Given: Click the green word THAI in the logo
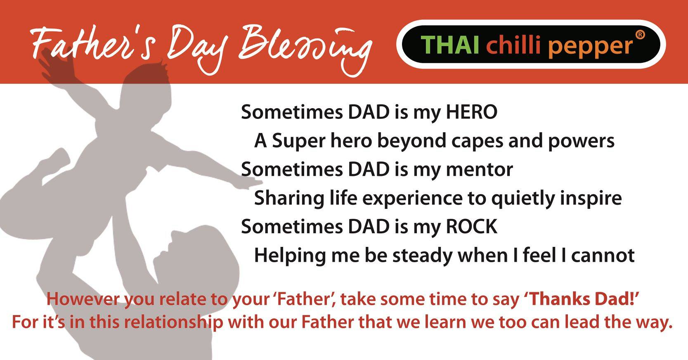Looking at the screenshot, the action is (450, 45).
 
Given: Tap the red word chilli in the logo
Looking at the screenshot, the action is (513, 45).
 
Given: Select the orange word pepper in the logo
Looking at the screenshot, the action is (591, 47).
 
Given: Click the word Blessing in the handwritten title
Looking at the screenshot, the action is (305, 49).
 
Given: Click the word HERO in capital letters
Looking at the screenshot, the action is (471, 112).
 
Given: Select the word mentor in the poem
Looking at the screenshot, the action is (480, 170).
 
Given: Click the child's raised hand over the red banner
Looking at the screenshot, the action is (57, 66).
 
